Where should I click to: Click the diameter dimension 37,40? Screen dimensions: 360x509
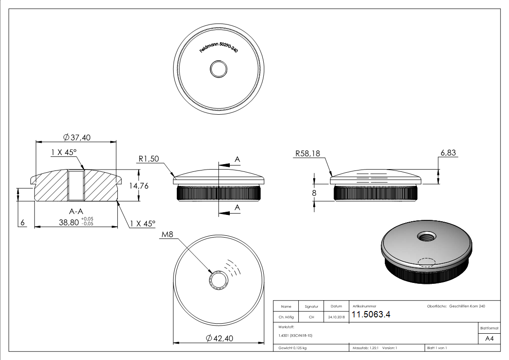(x=77, y=137)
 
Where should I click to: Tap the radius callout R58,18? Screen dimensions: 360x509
(x=307, y=154)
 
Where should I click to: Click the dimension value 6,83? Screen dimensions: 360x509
(x=448, y=153)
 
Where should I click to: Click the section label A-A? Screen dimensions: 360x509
(x=76, y=211)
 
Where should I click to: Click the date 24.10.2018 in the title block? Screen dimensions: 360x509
(x=336, y=317)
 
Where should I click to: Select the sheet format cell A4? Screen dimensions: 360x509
(x=489, y=339)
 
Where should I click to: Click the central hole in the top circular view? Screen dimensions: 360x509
(x=219, y=69)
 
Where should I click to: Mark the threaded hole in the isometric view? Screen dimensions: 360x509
(x=426, y=237)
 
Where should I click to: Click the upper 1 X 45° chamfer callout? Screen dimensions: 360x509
(x=63, y=153)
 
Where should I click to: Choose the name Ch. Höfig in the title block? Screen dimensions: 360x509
(x=286, y=317)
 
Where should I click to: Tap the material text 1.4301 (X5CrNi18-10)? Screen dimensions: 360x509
(x=295, y=336)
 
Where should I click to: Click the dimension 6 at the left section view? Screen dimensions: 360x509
(x=21, y=222)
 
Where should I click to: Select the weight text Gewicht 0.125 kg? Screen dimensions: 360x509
(x=292, y=348)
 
